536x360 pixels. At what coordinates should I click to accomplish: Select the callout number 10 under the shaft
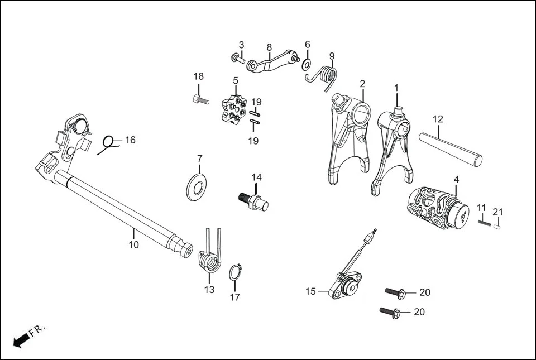tap(133, 244)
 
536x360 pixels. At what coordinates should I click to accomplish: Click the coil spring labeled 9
tap(328, 75)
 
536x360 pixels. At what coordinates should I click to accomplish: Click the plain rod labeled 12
tap(453, 146)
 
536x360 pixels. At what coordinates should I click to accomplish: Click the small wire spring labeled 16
tap(108, 143)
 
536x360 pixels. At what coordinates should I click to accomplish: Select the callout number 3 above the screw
tap(241, 45)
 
